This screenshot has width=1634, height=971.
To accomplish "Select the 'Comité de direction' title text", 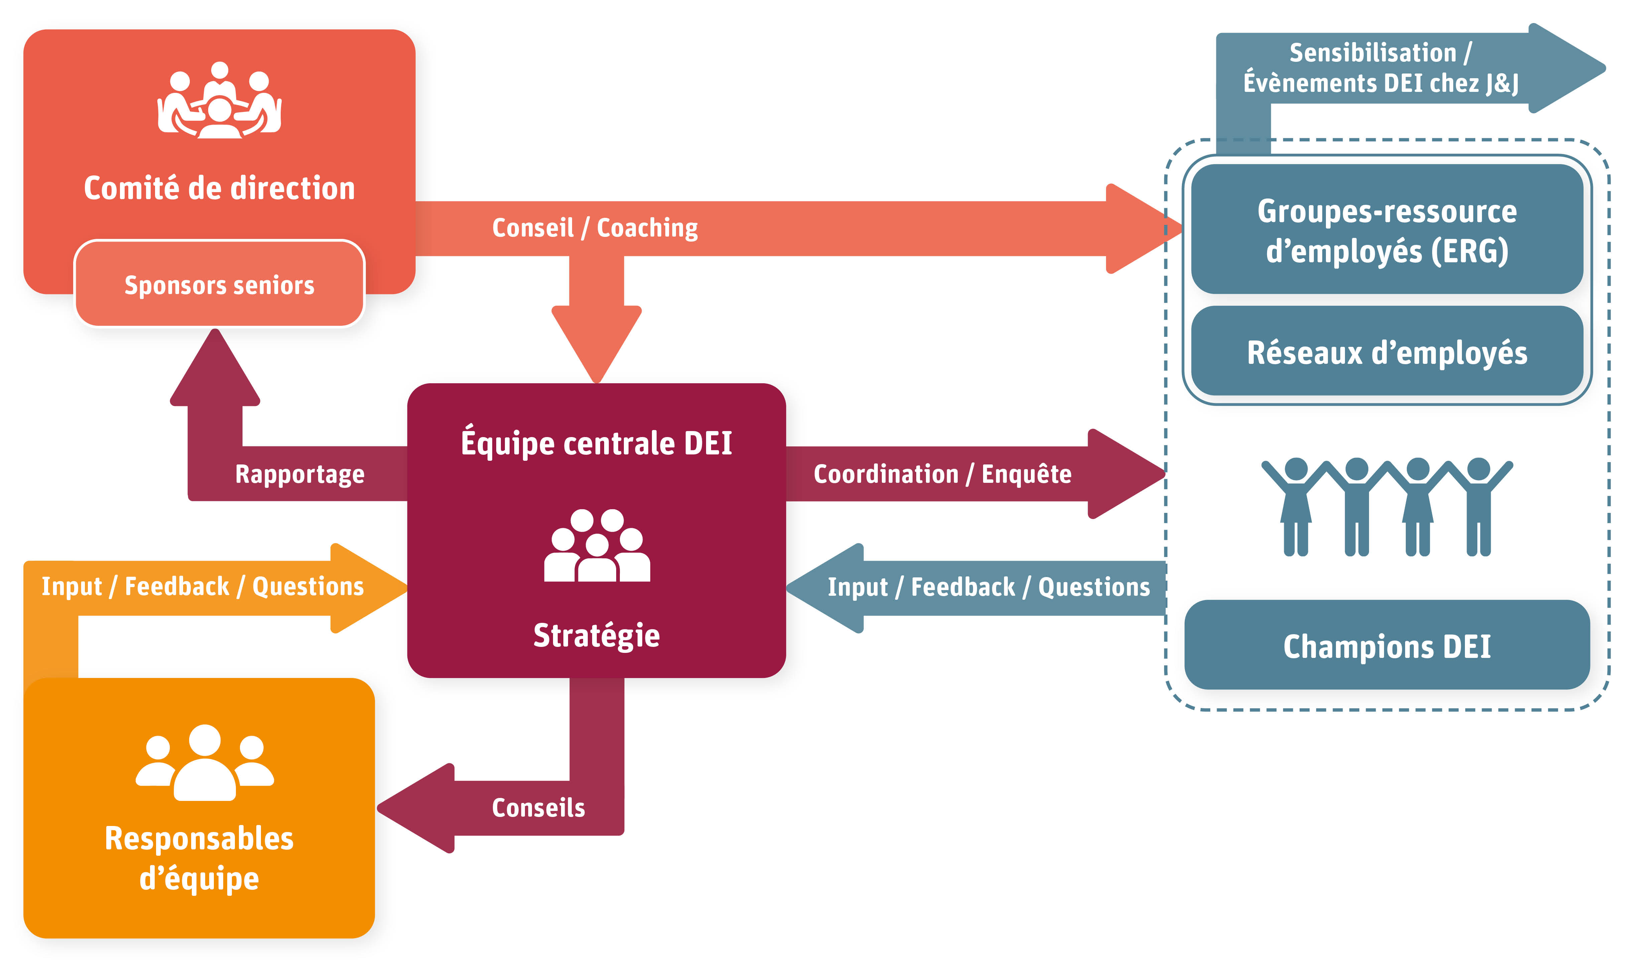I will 219,188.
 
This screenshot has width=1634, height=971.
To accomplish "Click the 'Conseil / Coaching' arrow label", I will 594,228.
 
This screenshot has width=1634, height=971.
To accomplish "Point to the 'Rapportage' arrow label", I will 300,474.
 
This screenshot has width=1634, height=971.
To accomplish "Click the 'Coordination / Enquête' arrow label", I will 942,474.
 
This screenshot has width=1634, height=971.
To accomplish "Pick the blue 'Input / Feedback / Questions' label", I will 988,587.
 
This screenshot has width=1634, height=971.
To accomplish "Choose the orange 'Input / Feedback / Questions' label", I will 202,586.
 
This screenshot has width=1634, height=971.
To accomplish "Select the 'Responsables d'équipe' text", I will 199,858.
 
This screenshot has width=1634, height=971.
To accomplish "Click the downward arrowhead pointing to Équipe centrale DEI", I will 596,343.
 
